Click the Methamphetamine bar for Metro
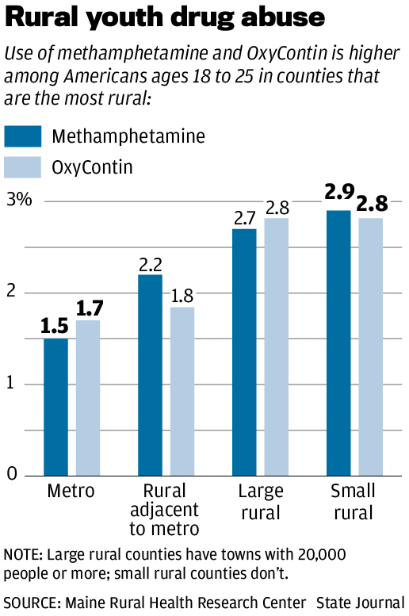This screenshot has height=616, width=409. (55, 407)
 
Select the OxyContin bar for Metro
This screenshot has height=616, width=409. (87, 398)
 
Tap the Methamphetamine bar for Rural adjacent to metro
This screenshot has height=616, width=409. (150, 375)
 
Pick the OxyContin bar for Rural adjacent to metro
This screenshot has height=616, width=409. (182, 391)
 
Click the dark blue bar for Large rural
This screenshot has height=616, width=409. (244, 352)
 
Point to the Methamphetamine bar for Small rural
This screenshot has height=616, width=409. (338, 342)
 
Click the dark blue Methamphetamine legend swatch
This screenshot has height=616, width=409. (23, 136)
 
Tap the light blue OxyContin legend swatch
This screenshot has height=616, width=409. (23, 167)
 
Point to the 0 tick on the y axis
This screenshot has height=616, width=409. (12, 473)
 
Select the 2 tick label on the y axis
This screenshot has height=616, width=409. (12, 291)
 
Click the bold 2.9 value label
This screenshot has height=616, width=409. (338, 193)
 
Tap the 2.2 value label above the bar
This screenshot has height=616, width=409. (150, 262)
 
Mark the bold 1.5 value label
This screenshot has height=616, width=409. (55, 325)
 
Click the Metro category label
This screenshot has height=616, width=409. (71, 492)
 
